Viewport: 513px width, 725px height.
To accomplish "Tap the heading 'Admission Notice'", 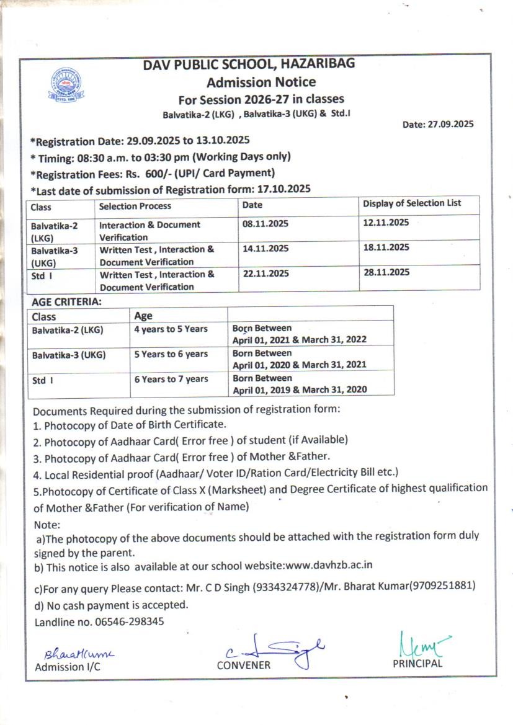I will (261, 82).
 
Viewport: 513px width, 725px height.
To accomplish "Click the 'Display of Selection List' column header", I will (412, 203).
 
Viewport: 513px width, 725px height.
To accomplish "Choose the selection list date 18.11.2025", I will (386, 247).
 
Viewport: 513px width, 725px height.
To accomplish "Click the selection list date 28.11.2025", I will (386, 272).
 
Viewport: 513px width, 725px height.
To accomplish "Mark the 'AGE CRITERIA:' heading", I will (66, 302).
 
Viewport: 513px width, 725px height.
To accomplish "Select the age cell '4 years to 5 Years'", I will (171, 329).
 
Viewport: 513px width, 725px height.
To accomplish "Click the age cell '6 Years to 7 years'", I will (171, 378).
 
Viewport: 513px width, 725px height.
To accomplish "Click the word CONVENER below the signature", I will (243, 665).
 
